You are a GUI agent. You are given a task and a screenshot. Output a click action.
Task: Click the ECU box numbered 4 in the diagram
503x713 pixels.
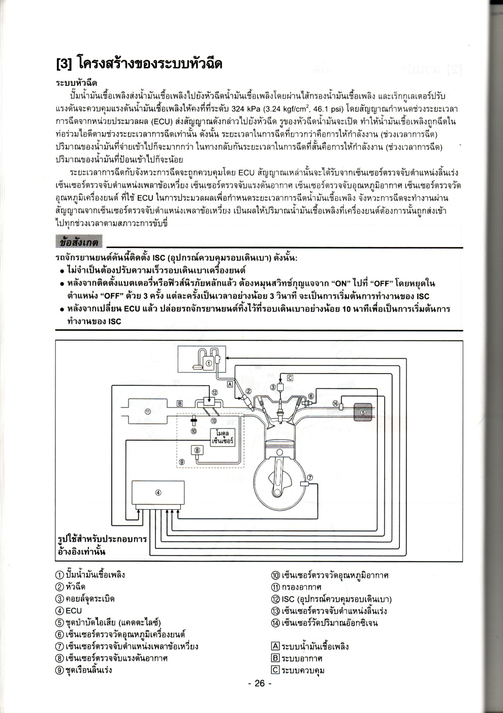(158, 492)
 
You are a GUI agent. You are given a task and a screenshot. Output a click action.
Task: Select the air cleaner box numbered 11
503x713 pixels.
(147, 411)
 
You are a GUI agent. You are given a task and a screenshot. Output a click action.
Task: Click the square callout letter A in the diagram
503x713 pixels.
(230, 384)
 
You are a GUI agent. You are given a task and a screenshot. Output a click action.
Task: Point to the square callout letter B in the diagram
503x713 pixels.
(179, 403)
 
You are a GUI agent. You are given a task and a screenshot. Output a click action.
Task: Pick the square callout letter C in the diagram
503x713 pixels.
(290, 378)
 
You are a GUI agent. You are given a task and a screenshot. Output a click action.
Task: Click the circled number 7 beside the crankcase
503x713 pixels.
(310, 477)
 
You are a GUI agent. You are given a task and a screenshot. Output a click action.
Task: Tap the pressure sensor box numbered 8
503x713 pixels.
(197, 449)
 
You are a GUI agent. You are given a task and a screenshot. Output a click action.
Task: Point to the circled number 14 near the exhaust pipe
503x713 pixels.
(335, 403)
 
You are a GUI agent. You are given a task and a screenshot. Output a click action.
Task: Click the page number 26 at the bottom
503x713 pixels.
(260, 683)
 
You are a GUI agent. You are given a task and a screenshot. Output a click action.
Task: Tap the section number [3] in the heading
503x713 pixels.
(65, 64)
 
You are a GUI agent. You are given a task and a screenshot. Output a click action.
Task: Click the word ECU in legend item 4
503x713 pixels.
(74, 611)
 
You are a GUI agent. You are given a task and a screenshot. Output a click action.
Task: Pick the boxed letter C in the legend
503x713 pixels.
(275, 670)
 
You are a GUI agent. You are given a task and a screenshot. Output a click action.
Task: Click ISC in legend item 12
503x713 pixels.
(288, 599)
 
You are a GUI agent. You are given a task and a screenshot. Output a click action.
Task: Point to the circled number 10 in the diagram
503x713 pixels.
(194, 431)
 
